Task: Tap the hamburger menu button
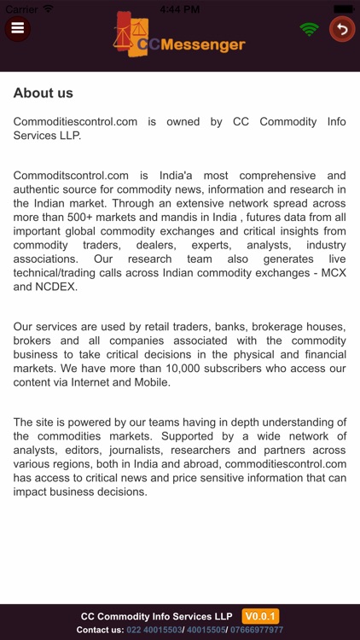17,28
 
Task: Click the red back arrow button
342,29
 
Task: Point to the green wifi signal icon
310,29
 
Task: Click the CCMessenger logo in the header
180,38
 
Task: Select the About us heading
44,93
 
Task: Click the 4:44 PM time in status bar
179,7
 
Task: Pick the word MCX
328,272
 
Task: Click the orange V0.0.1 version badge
260,616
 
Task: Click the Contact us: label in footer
100,630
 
